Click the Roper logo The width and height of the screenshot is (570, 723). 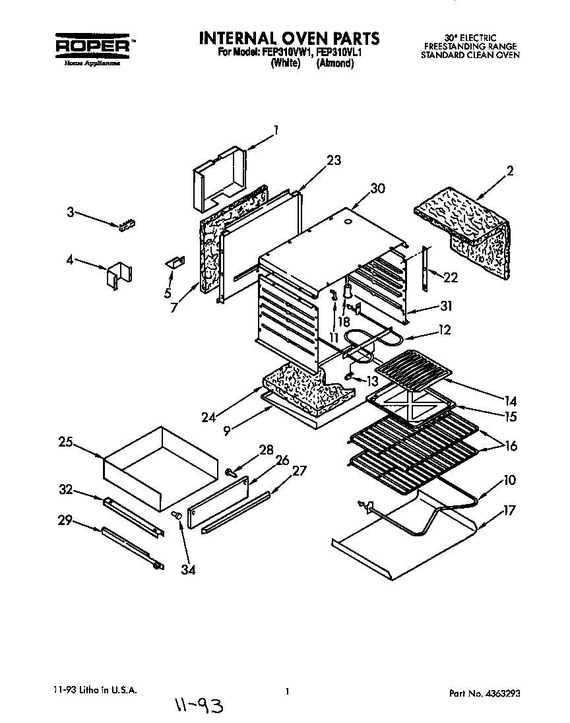click(92, 46)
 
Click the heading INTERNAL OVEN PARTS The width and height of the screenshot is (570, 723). click(289, 38)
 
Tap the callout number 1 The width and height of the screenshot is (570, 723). click(276, 130)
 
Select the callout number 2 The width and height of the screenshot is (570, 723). click(509, 171)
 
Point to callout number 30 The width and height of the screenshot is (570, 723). click(377, 188)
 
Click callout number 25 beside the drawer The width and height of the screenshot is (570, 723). click(65, 443)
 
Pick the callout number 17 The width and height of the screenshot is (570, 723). click(509, 510)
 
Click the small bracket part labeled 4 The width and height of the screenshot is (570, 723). click(119, 274)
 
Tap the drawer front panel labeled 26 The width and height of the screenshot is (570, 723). click(218, 501)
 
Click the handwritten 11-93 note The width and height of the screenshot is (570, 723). click(199, 708)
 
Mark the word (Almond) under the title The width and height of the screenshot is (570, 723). click(335, 64)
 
